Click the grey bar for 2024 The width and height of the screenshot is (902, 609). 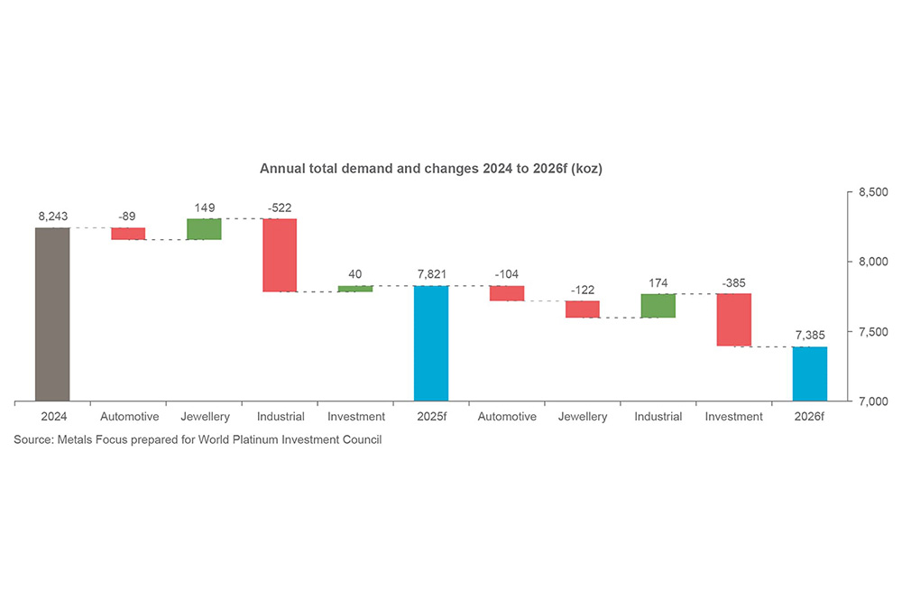[x=52, y=314]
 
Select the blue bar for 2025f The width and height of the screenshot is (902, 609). [x=431, y=343]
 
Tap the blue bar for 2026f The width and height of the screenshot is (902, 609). [x=810, y=374]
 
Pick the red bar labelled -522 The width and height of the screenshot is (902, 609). [x=280, y=255]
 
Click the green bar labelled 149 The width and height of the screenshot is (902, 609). [x=204, y=229]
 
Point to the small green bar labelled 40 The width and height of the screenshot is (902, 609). [x=355, y=289]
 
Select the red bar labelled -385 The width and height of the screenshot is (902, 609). [x=734, y=319]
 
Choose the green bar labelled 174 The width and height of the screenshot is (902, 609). [x=658, y=306]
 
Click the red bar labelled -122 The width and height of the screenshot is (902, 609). [x=583, y=309]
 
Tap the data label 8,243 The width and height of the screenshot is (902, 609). [x=52, y=217]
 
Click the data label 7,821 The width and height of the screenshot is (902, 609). [x=431, y=273]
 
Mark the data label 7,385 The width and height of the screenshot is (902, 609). [x=810, y=335]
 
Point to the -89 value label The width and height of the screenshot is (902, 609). [x=128, y=217]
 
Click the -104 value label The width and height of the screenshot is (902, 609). [x=507, y=274]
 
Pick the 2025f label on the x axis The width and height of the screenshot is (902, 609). [x=431, y=417]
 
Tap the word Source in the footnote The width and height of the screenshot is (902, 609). [x=32, y=440]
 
